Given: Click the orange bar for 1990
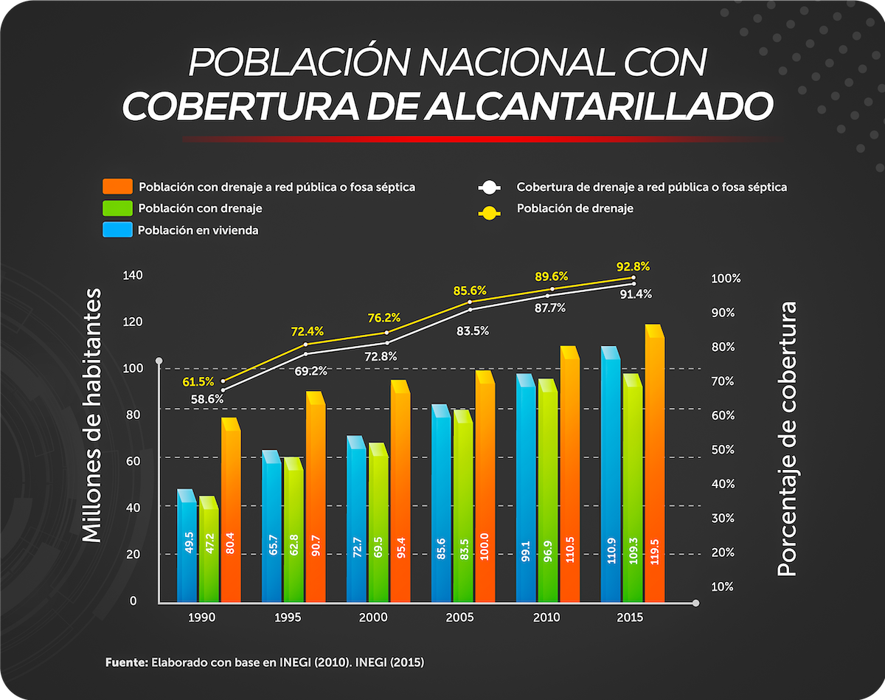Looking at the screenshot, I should pyautogui.click(x=231, y=516).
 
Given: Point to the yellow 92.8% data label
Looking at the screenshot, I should pyautogui.click(x=634, y=266).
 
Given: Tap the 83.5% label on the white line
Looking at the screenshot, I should pyautogui.click(x=473, y=331).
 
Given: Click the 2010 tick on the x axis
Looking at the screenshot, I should pyautogui.click(x=546, y=618).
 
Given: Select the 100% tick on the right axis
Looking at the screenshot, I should pyautogui.click(x=726, y=279).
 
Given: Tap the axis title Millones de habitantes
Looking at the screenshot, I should pyautogui.click(x=91, y=417).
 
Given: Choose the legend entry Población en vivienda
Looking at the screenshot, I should pyautogui.click(x=198, y=230).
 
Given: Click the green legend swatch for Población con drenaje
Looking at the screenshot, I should pyautogui.click(x=117, y=208).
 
